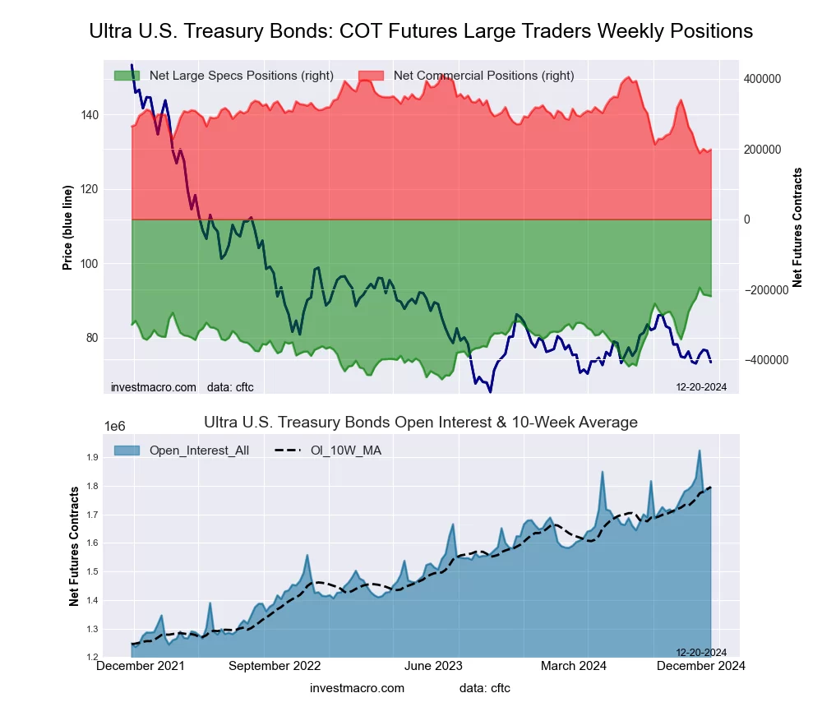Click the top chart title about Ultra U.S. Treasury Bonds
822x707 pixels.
pos(420,31)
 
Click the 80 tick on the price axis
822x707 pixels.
pos(92,338)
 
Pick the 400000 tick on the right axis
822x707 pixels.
pos(761,79)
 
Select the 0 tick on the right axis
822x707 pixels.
pos(747,219)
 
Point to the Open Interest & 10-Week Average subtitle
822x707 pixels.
pos(420,423)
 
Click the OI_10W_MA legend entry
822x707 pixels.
pos(346,450)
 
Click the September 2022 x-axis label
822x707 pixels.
pos(274,667)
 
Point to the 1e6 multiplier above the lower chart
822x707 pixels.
pos(113,426)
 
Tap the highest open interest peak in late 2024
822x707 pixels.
pos(699,451)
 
